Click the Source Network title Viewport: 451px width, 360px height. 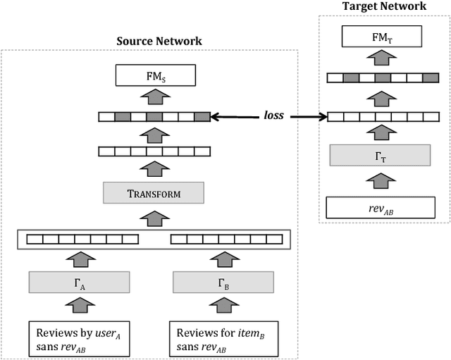159,41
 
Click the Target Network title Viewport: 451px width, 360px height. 384,6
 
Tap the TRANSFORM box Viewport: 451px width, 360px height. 154,192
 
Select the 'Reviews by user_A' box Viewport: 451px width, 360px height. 80,337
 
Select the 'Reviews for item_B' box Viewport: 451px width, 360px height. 223,337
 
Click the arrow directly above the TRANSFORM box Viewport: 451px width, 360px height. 154,169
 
